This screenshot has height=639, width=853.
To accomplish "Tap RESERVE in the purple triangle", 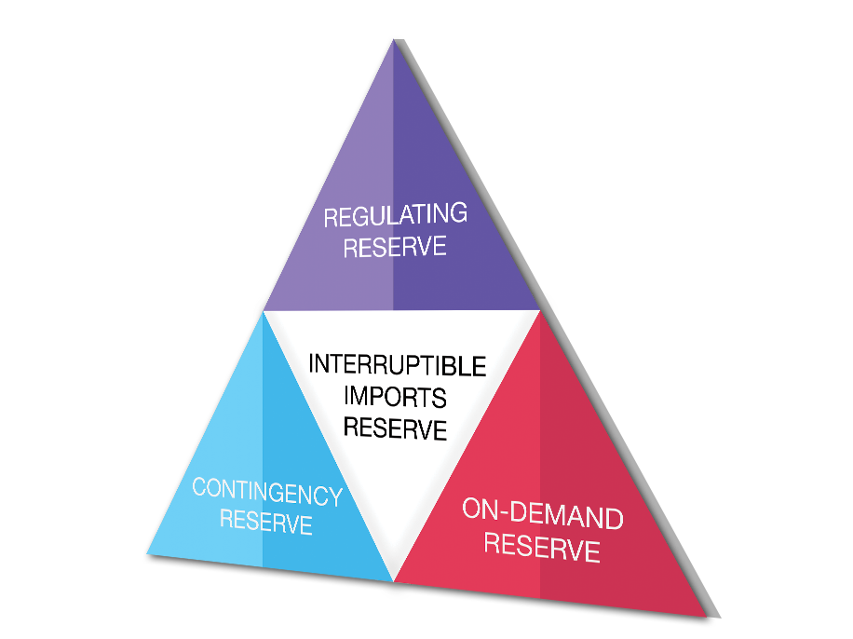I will coord(395,247).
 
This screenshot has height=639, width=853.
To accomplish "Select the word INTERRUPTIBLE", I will coord(397,364).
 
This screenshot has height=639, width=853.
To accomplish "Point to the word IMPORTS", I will coord(395,396).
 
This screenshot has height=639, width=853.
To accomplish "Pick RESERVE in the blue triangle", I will coord(266,523).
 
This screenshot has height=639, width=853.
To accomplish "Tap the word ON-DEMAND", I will coord(542,513).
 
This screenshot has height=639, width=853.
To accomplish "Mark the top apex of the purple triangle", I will coord(392,39).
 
